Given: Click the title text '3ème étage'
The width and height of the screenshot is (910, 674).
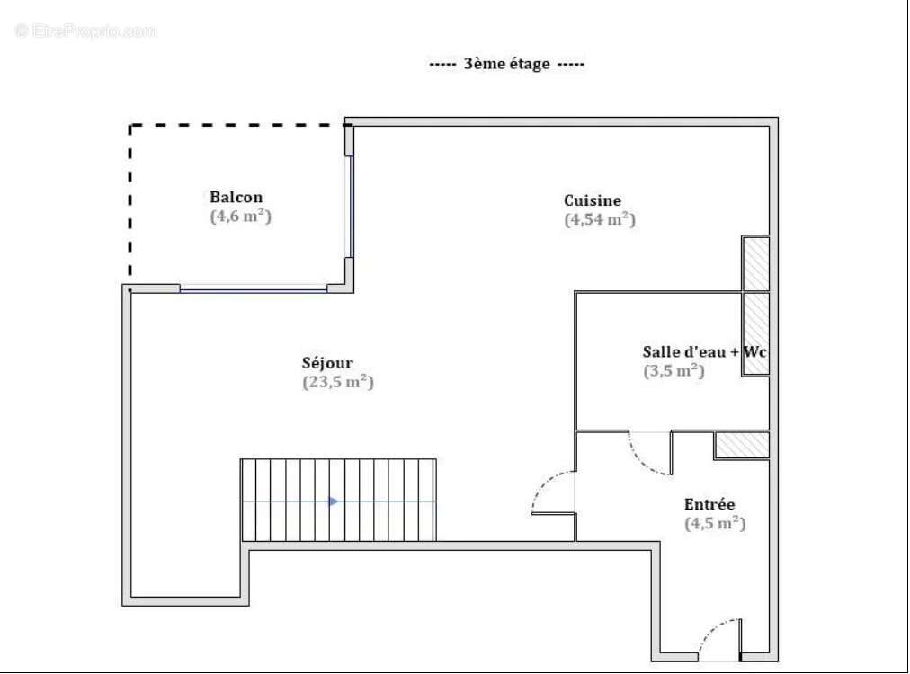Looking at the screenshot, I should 506,65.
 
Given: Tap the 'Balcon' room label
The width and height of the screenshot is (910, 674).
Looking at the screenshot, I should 236,198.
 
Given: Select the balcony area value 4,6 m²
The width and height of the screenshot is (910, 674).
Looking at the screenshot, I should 240,217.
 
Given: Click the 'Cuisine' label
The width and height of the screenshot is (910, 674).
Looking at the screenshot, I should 592,200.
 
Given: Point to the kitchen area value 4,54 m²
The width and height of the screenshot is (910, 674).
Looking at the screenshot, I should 599,219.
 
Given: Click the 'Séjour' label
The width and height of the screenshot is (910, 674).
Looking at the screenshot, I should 327,363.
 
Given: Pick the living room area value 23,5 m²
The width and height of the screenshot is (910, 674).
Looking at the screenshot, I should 337,382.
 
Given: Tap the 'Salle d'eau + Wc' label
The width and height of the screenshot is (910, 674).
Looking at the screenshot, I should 704,351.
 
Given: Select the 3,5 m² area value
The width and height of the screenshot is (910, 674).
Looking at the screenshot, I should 673,370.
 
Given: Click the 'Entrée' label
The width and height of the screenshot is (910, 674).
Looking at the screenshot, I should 709,504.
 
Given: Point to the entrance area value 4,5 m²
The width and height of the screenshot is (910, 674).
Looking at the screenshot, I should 714,523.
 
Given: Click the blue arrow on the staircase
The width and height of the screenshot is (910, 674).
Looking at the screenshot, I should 334,501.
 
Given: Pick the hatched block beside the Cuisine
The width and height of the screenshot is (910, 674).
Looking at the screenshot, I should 754,263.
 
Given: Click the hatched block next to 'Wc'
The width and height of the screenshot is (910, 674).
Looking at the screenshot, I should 754,333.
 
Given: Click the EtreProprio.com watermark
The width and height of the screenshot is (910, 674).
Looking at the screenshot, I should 86,31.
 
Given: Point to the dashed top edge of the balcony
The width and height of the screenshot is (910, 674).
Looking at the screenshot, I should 237,126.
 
